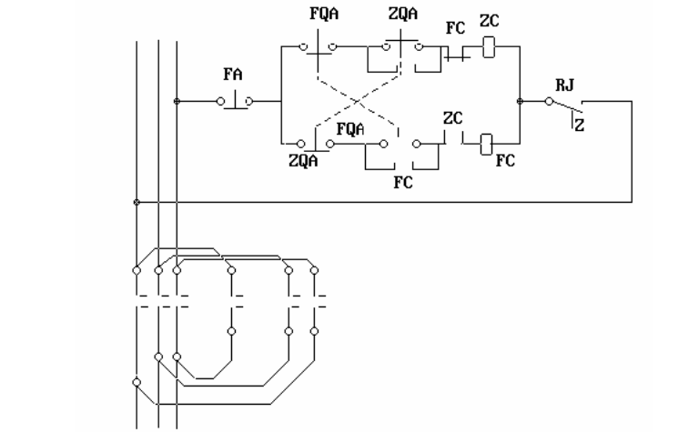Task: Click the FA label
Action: tap(233, 75)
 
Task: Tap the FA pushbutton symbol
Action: tap(235, 101)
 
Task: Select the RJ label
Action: tap(565, 85)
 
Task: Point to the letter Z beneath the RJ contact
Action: tap(580, 126)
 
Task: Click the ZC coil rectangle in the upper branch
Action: tap(489, 47)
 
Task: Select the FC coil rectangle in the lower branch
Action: tap(486, 145)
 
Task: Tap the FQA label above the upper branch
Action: tap(324, 14)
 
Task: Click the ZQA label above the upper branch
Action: tap(403, 14)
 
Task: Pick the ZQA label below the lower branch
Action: tap(303, 161)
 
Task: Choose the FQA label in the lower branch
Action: tap(350, 129)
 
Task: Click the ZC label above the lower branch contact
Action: tap(452, 118)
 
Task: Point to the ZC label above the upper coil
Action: tap(489, 21)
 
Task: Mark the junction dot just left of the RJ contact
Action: tap(520, 101)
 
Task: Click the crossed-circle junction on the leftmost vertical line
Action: tap(137, 202)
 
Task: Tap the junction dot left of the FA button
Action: tap(177, 101)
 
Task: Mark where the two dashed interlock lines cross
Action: tap(358, 102)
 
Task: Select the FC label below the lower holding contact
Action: tap(403, 182)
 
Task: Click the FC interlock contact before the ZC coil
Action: tap(456, 55)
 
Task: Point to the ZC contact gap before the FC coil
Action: tap(453, 138)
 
